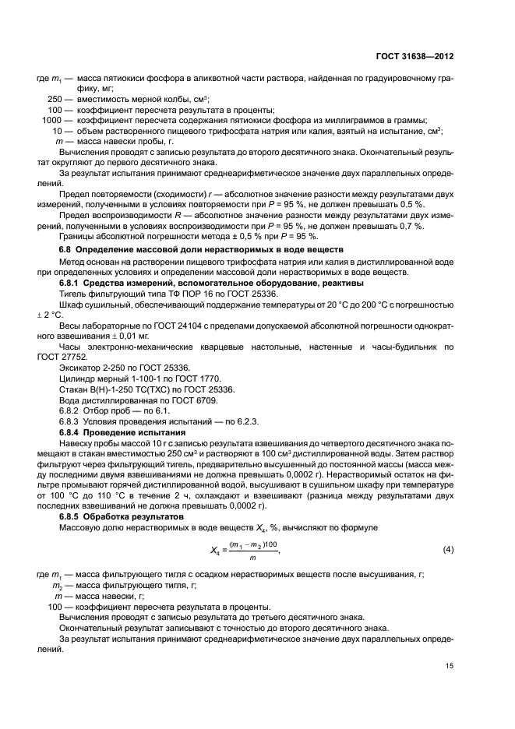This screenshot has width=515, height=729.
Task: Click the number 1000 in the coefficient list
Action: click(51, 120)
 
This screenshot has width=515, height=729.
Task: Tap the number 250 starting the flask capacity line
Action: click(55, 99)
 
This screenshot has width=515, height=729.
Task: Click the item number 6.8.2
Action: click(71, 409)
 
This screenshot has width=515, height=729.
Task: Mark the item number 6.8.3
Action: click(71, 420)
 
